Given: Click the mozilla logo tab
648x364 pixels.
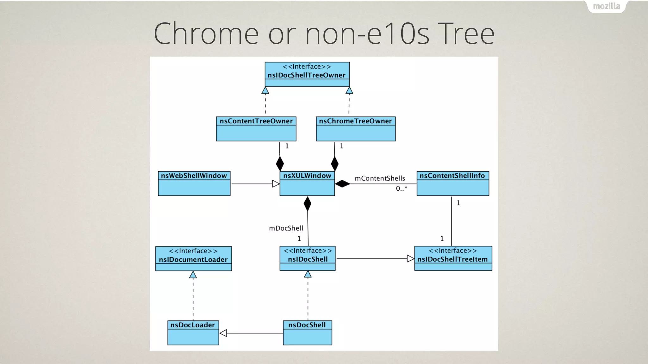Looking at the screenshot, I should tap(606, 6).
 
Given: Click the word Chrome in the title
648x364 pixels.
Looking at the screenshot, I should tap(206, 33).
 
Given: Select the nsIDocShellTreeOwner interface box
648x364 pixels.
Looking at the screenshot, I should tap(307, 74).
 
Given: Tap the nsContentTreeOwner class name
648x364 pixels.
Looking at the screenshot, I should tap(256, 121).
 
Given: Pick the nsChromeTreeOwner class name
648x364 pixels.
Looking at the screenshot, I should tap(355, 121).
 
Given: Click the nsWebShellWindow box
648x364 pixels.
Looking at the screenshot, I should tap(194, 184).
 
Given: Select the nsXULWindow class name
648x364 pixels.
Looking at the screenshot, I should tap(307, 176).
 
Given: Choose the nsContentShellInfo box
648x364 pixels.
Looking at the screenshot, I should tap(452, 184).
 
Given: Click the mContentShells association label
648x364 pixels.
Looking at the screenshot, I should tap(380, 179).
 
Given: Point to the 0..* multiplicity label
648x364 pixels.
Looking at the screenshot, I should tap(402, 189).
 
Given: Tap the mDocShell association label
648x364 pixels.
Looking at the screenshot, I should tap(286, 228).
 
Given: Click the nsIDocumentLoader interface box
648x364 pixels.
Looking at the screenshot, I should tap(193, 259).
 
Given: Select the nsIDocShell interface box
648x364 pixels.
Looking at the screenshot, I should tap(308, 258).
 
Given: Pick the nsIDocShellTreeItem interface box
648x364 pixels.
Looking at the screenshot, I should tap(453, 258).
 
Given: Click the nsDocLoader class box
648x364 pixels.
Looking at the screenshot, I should tap(193, 333).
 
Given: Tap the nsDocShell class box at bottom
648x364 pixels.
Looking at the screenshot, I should tap(307, 333).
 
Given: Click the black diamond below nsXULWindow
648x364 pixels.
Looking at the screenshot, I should tap(307, 204).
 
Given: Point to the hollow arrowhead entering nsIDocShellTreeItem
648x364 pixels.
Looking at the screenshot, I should tap(410, 259).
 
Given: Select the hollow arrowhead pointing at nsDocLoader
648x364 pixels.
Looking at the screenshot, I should tap(223, 333).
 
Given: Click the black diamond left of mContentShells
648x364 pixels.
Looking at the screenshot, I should tap(342, 184).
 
